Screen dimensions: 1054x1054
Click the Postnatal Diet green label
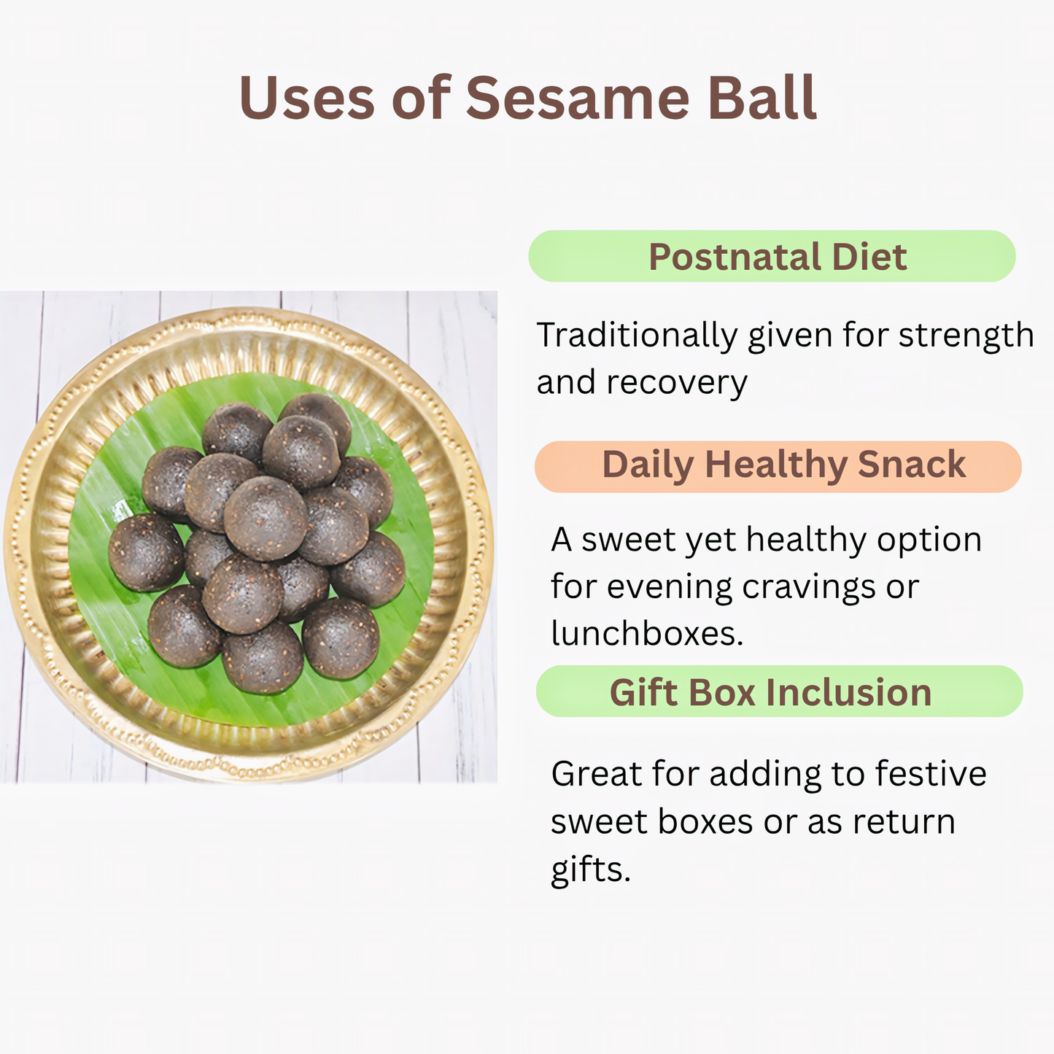772,257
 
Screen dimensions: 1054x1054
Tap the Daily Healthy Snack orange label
778,466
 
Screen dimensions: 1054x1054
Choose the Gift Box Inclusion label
779,691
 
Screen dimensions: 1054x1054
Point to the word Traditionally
637,336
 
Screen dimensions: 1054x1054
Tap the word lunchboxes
646,633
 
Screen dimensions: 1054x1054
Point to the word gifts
589,869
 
